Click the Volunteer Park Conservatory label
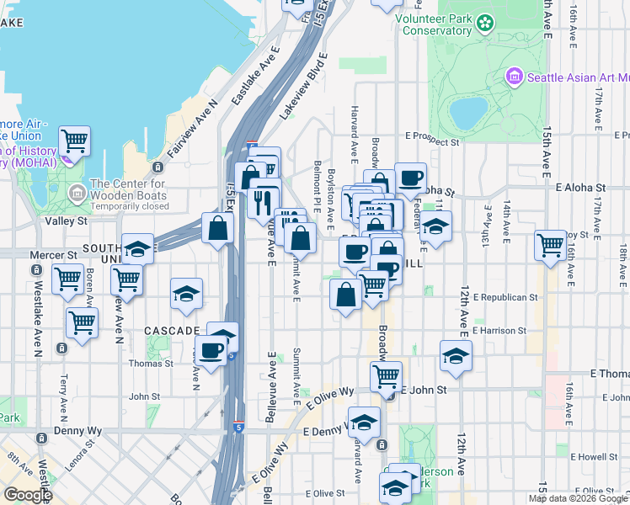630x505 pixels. coord(433,24)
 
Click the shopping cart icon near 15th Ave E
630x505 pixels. coord(550,246)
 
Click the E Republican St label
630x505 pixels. coord(505,297)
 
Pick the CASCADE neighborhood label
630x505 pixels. coord(171,330)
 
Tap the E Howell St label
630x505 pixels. coord(593,456)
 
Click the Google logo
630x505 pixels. coord(27,494)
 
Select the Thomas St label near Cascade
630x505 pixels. coord(151,364)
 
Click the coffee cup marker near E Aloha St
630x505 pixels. coord(410,178)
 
